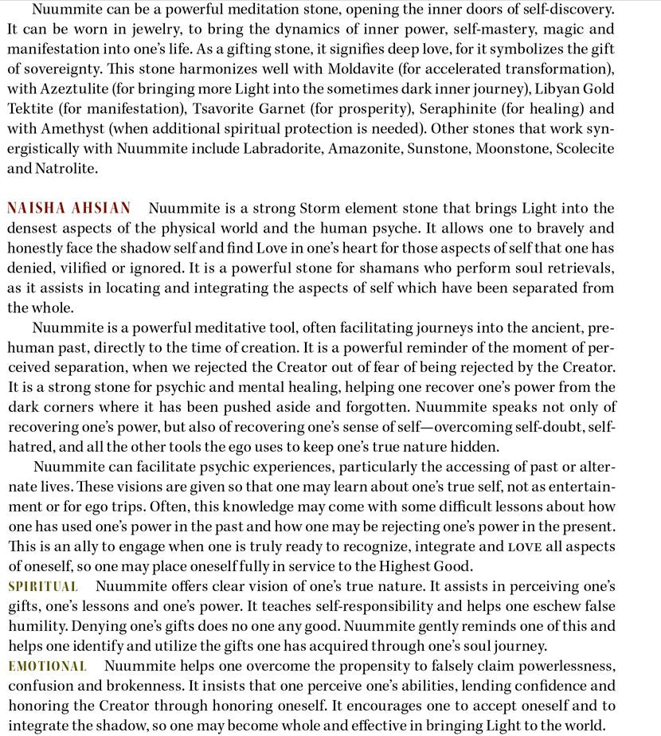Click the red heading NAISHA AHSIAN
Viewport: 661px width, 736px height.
68,209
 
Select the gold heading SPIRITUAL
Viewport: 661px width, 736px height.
43,586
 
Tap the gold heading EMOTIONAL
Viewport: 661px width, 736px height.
48,666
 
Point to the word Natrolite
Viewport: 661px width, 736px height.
73,169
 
